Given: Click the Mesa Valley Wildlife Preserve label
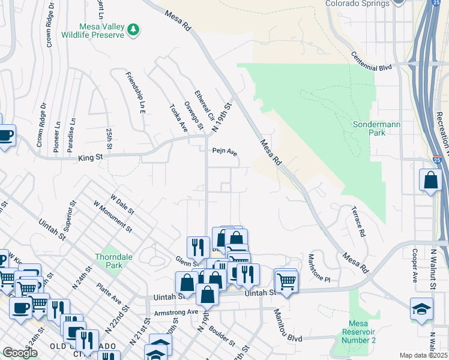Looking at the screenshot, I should click(x=101, y=31).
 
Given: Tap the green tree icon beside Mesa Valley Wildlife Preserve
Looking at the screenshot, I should click(x=136, y=29).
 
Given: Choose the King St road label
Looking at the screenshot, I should click(x=91, y=158).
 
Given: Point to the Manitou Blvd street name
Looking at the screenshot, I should click(x=288, y=326).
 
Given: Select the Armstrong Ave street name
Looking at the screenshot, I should click(x=175, y=313).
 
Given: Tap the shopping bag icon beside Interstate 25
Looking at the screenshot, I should click(x=432, y=179).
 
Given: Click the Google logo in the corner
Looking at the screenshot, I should click(x=20, y=352).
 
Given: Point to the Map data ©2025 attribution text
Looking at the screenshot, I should click(x=423, y=355).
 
